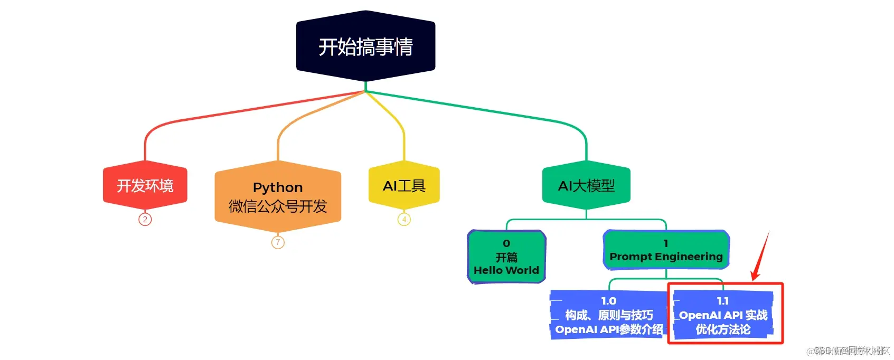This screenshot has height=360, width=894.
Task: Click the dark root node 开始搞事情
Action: coord(365,46)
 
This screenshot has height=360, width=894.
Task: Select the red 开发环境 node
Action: coord(145,185)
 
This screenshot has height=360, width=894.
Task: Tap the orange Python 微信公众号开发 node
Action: coord(278,196)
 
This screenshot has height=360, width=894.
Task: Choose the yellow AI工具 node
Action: coord(404,185)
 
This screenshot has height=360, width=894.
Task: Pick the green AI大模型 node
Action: coord(586,185)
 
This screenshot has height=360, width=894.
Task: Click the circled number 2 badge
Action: coord(145,219)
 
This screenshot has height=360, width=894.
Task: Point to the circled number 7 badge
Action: coord(278,242)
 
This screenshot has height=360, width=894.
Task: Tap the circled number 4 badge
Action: coord(404,219)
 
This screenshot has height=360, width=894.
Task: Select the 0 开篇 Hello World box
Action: coord(506,257)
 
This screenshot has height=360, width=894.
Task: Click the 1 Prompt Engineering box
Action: coord(666,250)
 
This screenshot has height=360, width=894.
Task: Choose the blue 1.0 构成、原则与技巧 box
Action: coord(608,315)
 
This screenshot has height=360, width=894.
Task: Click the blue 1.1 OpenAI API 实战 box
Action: coord(723,315)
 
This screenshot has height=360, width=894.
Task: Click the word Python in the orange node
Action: coord(278,187)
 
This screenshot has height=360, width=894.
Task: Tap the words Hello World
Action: coord(506,270)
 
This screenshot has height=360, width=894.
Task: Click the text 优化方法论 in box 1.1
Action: coord(723,329)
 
